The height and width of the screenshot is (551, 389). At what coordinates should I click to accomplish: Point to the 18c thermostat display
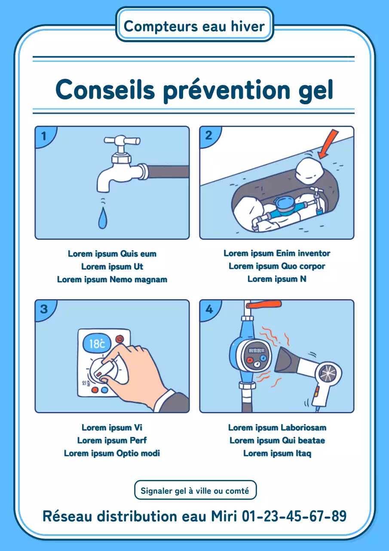[x=97, y=344]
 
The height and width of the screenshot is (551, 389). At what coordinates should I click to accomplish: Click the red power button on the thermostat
[x=119, y=339]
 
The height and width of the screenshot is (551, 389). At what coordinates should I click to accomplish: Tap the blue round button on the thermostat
[x=104, y=390]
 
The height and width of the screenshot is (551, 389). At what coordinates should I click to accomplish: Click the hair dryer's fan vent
[x=330, y=373]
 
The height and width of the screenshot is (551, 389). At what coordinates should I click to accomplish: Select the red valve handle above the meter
[x=265, y=305]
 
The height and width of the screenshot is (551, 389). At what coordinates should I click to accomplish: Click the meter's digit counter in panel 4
[x=257, y=351]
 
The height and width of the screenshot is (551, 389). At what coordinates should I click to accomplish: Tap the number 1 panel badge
[x=43, y=136]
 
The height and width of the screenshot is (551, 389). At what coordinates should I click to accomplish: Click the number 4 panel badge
[x=209, y=309]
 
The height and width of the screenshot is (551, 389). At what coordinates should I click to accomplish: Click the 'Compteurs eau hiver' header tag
[x=194, y=26]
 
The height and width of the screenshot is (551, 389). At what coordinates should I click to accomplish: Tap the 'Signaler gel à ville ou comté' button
[x=195, y=491]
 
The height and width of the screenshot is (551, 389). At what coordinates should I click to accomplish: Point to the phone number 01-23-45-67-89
[x=294, y=516]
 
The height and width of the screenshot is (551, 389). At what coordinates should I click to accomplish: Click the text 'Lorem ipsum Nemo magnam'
[x=112, y=279]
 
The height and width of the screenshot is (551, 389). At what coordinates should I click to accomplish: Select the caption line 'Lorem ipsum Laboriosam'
[x=277, y=427]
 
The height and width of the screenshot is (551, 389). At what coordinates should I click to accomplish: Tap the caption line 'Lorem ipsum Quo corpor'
[x=277, y=266]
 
